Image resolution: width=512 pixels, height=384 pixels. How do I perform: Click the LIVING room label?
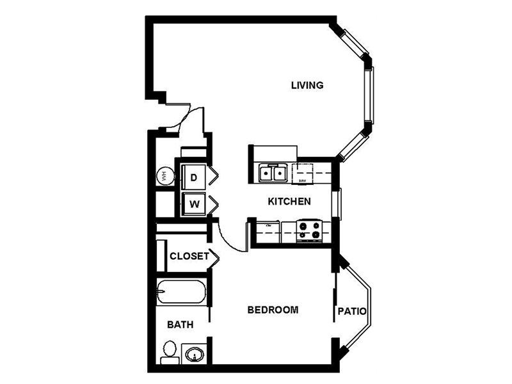[x=307, y=85]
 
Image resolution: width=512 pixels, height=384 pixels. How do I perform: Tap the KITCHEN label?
[x=289, y=202]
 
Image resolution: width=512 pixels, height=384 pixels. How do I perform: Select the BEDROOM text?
[x=273, y=310]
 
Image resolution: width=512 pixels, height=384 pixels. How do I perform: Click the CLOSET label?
[x=189, y=257]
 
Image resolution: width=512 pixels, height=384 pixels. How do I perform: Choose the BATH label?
[x=180, y=325]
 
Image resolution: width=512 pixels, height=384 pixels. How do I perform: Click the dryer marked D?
[x=193, y=174]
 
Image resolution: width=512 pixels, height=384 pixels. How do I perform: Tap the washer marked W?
[x=193, y=205]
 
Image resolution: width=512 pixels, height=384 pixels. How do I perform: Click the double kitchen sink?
[x=273, y=173]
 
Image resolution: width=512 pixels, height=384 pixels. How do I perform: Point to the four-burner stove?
[x=309, y=230]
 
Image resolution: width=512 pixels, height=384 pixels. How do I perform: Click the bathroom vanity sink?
[x=193, y=354]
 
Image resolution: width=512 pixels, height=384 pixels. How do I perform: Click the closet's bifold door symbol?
[x=215, y=257]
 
